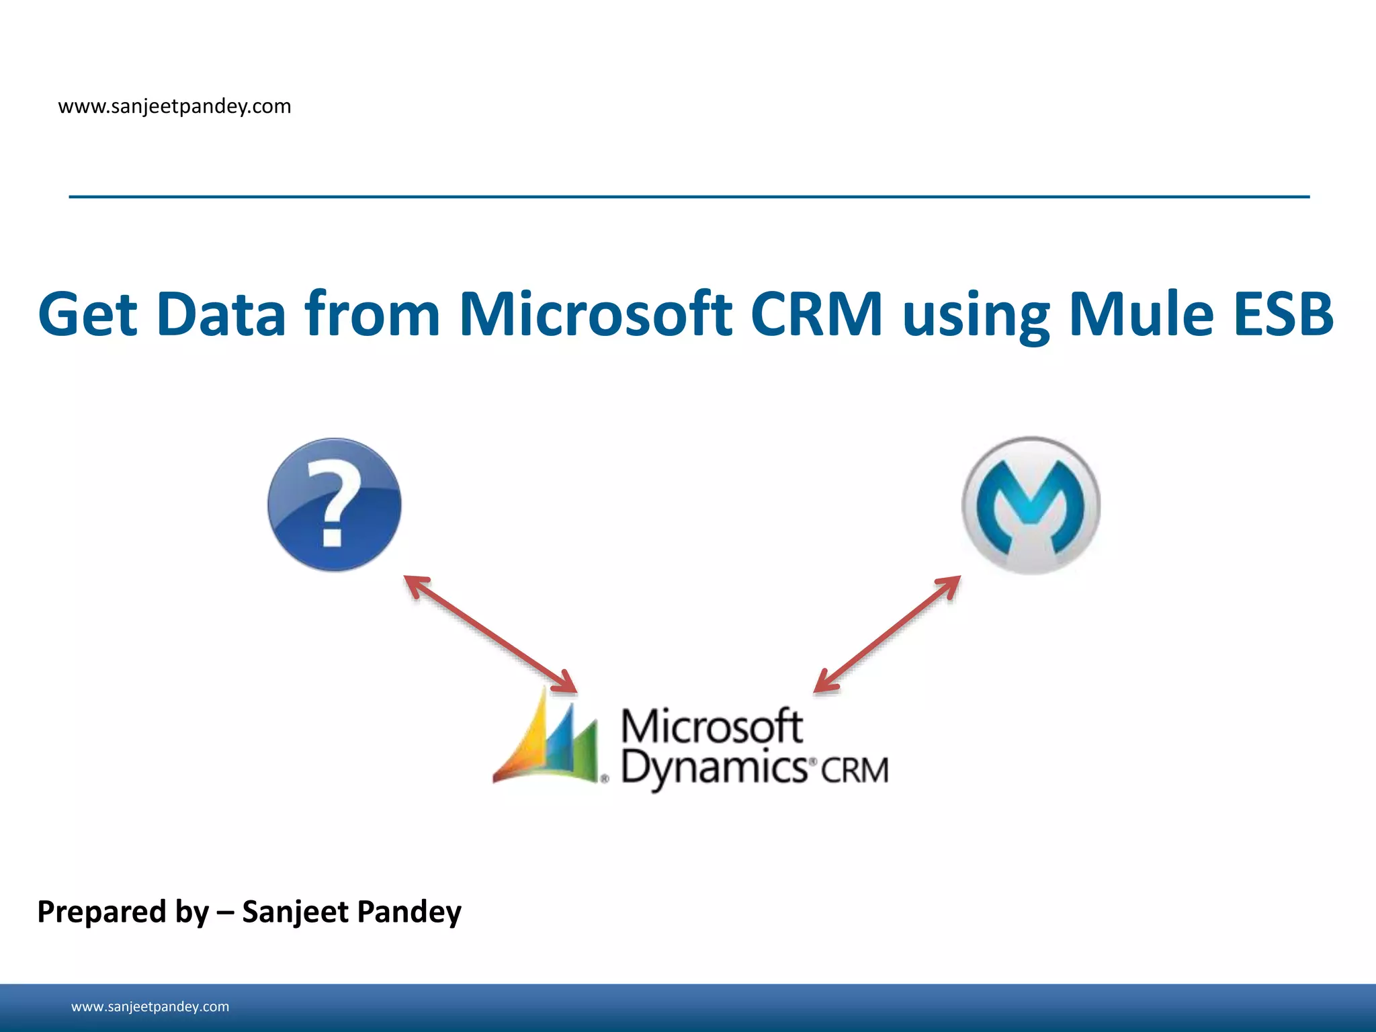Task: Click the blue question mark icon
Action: [x=334, y=505]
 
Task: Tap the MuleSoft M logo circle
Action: [x=1031, y=505]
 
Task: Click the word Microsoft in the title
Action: [x=595, y=314]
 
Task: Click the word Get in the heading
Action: [x=87, y=314]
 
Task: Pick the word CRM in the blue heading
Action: [x=816, y=314]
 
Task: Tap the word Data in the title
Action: [x=221, y=314]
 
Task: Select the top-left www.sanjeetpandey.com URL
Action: [x=175, y=107]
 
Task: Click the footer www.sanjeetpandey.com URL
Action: [x=150, y=1006]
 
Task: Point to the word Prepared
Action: [x=101, y=912]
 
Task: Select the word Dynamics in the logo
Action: [x=714, y=769]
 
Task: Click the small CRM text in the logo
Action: [x=855, y=771]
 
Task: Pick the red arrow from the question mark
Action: [x=490, y=634]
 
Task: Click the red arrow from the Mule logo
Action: [x=887, y=634]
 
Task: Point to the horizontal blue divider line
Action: [x=689, y=197]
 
